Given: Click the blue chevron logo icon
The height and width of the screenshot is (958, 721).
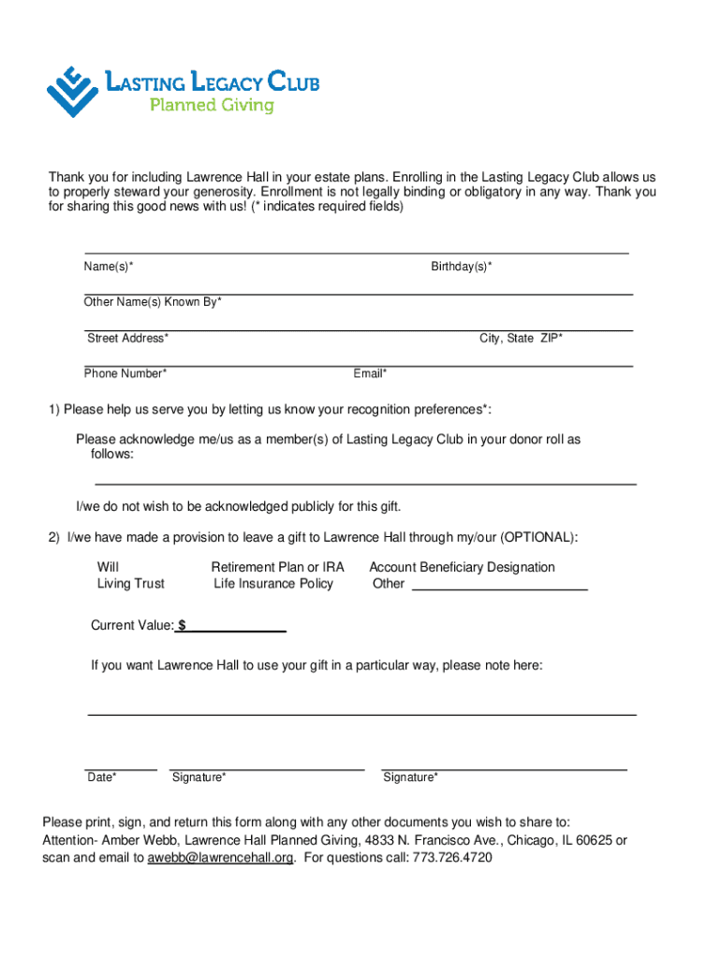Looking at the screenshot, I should [72, 91].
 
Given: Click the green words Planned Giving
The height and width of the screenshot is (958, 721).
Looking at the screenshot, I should [213, 106].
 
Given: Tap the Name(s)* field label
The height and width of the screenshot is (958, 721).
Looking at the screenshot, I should [109, 268].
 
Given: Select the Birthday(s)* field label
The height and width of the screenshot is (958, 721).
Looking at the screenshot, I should [462, 268].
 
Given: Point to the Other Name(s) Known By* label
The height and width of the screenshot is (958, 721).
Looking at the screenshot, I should [153, 302].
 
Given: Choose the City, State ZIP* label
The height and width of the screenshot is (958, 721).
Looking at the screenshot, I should [522, 339].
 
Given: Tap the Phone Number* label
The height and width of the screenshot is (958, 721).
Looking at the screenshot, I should [125, 374].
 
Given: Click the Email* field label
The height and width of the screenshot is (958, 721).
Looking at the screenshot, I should [370, 374].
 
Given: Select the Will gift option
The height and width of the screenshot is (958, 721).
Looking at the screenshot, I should [108, 567].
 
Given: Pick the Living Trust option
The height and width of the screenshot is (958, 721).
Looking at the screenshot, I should [130, 584].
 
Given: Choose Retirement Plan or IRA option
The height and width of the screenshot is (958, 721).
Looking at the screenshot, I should [278, 567].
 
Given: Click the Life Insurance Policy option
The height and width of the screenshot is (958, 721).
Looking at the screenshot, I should [273, 584].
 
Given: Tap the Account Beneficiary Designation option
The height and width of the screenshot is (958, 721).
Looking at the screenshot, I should [462, 567].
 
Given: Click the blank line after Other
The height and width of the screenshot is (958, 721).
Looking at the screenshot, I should [500, 587].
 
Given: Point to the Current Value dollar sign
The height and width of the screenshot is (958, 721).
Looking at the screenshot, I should [182, 626].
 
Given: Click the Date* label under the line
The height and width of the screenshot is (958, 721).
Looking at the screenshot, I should [102, 777].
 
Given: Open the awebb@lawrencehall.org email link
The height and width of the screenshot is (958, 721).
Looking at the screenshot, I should [221, 858].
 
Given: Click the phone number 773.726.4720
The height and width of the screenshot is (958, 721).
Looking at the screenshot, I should [452, 858].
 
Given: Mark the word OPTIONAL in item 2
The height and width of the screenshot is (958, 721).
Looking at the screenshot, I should [537, 537].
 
